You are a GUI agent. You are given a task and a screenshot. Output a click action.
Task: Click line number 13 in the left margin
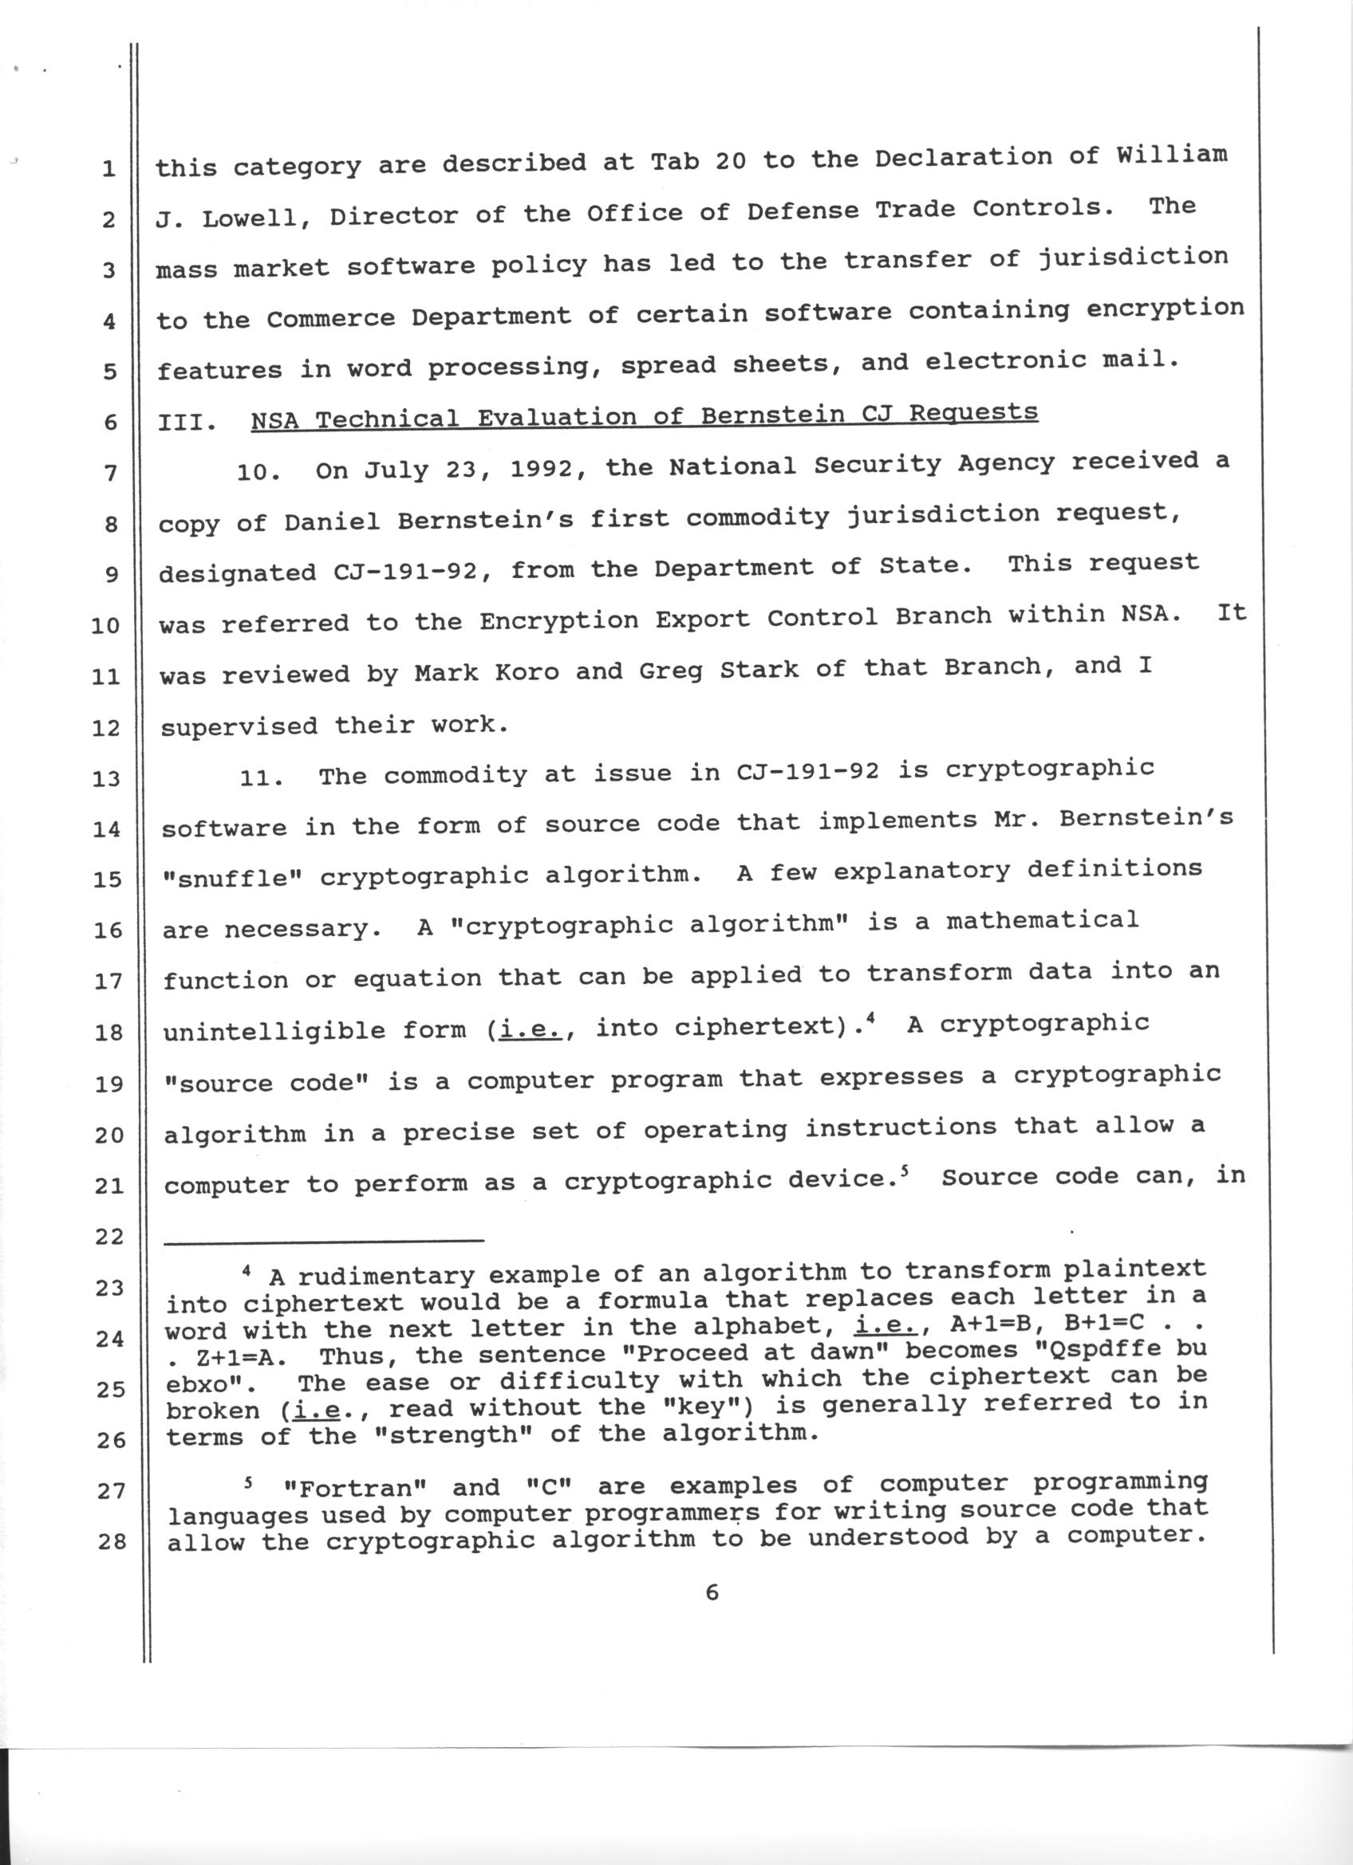click(106, 778)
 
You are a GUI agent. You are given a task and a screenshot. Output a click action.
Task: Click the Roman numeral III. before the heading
click(187, 422)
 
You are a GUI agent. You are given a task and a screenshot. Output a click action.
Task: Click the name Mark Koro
click(486, 673)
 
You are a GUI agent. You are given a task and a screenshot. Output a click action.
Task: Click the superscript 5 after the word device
click(903, 1174)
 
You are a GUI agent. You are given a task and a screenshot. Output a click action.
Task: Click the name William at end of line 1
click(1171, 155)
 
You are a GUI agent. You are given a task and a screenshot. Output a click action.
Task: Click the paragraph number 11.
click(262, 778)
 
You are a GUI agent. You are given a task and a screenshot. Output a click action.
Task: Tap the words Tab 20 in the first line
click(698, 161)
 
